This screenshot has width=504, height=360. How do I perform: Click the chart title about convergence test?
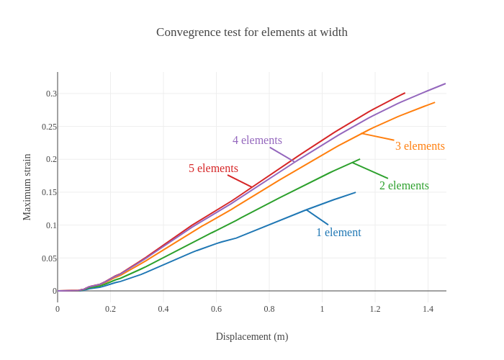point(252,32)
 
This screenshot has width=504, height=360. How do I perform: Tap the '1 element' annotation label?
point(338,233)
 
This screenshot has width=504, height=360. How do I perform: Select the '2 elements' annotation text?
point(404,186)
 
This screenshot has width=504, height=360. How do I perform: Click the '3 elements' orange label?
point(420,146)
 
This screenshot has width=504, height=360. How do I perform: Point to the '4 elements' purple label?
point(257,140)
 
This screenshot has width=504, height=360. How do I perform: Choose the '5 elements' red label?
point(213,168)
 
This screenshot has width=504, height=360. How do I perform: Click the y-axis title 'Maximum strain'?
point(27,187)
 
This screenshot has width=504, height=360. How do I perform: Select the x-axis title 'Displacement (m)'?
point(252,336)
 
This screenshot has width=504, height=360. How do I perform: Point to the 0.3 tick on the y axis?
point(51,94)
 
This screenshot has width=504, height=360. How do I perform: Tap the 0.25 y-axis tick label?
point(49,127)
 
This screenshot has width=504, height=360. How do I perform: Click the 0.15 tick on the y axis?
point(49,192)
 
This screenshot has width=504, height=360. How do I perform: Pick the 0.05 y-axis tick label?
point(49,258)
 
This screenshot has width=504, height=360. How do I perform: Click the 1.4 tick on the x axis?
point(428,309)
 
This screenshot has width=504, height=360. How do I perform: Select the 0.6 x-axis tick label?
point(216,309)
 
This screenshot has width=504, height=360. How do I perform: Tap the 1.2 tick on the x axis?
point(375,309)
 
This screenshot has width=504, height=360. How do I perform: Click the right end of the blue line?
point(356,192)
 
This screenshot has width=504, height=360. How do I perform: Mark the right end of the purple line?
point(446,84)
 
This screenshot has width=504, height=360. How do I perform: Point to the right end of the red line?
point(405,93)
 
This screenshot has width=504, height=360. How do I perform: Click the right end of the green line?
point(360,159)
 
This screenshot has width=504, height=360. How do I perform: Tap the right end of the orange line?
point(435,102)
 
